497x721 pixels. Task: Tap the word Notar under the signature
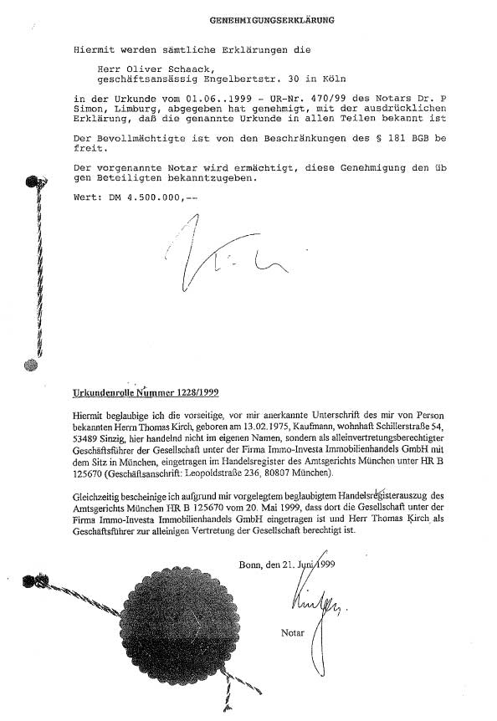[293, 633]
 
